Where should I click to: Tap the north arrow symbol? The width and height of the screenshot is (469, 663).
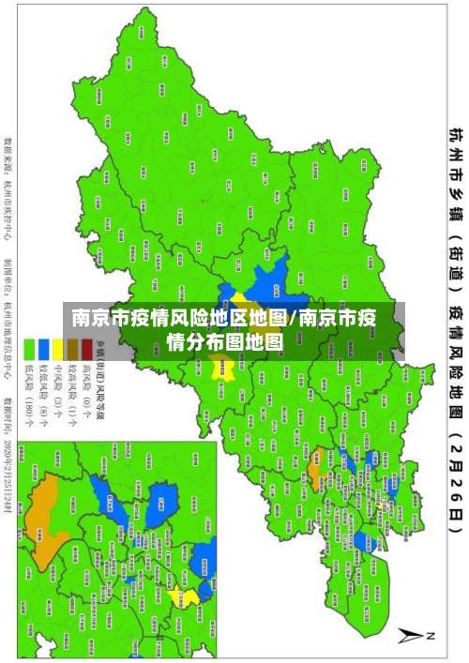(414, 634)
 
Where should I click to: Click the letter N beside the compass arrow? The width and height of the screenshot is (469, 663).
(432, 635)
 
